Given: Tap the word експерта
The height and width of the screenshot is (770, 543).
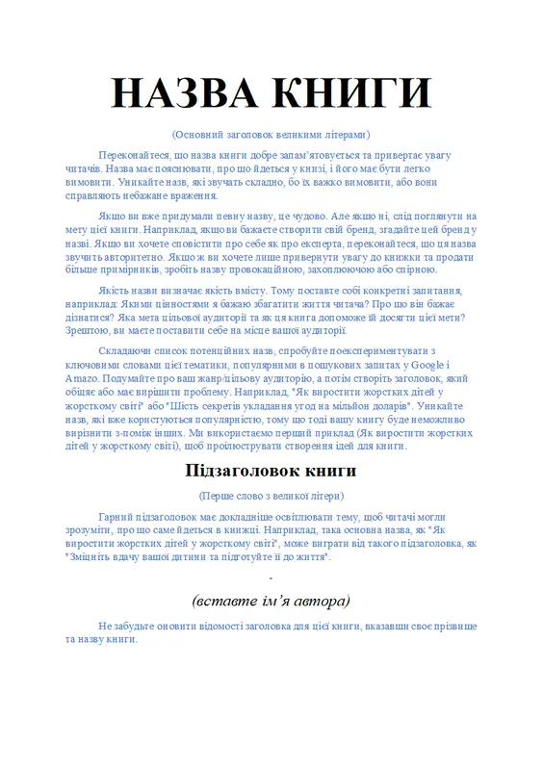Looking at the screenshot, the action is pyautogui.click(x=306, y=243).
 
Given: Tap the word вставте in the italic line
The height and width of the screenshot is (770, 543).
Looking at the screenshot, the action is pyautogui.click(x=226, y=601).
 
